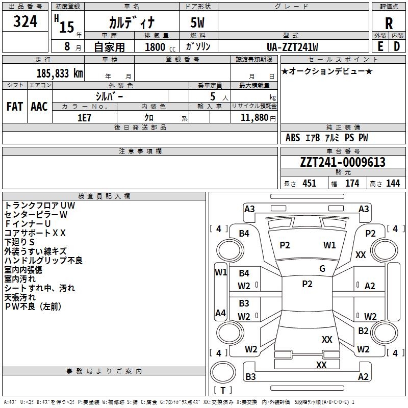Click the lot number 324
(x=25, y=22)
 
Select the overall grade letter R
(x=389, y=23)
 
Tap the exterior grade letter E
(x=380, y=46)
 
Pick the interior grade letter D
(x=397, y=46)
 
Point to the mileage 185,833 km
(x=60, y=73)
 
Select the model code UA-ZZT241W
(x=293, y=47)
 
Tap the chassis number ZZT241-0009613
(x=343, y=163)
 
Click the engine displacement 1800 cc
(x=158, y=47)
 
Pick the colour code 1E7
(x=84, y=117)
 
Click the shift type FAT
(x=14, y=106)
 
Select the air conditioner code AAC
(x=39, y=106)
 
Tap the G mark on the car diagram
(x=322, y=269)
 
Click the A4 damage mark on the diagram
(x=220, y=313)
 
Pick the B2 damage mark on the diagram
(x=363, y=330)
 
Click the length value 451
(x=310, y=184)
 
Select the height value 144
(x=393, y=184)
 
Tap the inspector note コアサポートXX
(x=36, y=233)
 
